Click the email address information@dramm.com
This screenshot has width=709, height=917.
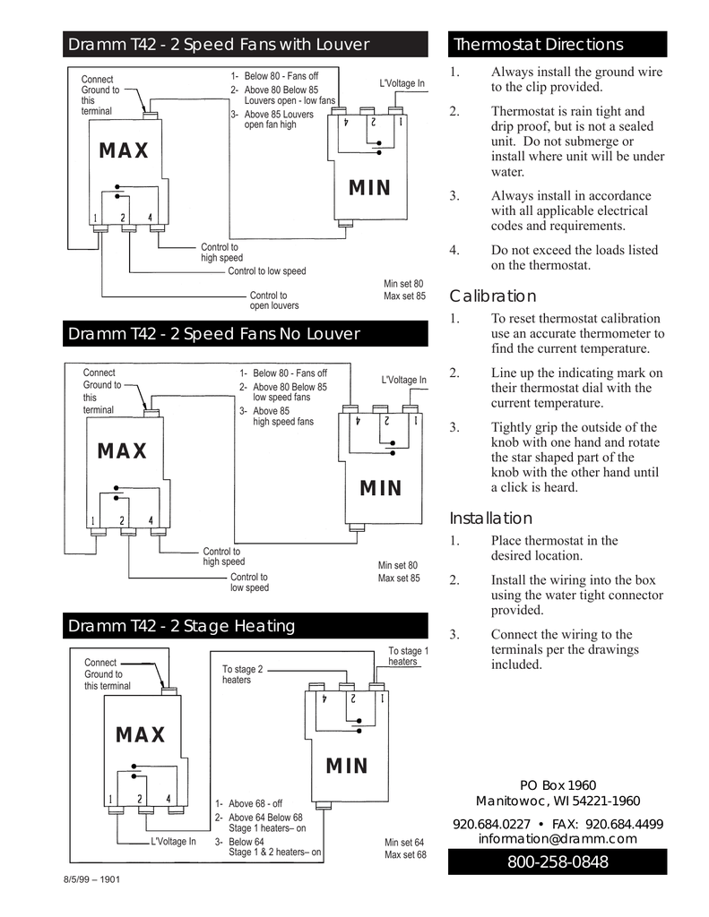pos(557,839)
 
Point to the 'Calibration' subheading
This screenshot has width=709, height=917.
pos(492,296)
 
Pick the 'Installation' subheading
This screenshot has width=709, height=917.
pos(490,518)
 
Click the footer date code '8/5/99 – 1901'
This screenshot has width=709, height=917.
pos(91,879)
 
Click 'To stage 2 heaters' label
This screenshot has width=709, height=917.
pos(242,674)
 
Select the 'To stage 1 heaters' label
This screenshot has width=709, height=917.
pos(409,656)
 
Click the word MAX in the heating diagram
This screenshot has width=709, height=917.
pos(141,735)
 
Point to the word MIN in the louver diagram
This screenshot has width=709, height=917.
pos(370,188)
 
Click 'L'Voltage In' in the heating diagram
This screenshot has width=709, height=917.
pos(173,842)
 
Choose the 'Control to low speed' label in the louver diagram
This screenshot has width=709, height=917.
pos(266,271)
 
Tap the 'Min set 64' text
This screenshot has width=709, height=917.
pos(403,843)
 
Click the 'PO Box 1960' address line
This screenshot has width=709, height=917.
pos(557,785)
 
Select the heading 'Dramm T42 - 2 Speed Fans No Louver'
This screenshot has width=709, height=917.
pos(214,334)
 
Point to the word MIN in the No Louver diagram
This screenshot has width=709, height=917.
pos(381,488)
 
